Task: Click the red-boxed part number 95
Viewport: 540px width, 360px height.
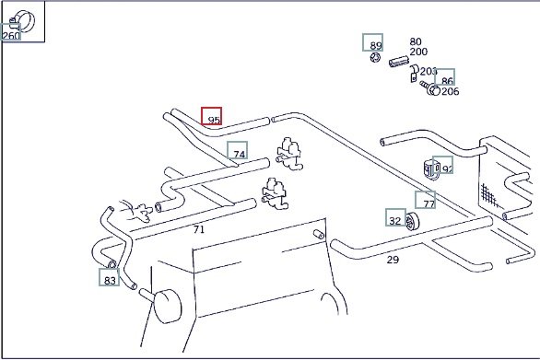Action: (211, 116)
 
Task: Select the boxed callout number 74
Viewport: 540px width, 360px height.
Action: (237, 150)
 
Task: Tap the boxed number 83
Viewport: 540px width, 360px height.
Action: (109, 277)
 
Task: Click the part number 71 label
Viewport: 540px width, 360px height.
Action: (199, 229)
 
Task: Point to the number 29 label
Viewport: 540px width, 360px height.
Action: (393, 260)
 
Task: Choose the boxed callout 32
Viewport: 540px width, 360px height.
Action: (395, 217)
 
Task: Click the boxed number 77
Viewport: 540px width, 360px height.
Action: (426, 200)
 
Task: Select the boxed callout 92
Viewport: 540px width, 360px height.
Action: (443, 165)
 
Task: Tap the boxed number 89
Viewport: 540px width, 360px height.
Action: (372, 42)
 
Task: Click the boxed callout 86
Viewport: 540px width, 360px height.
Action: (444, 77)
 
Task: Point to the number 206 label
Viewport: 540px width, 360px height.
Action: (450, 91)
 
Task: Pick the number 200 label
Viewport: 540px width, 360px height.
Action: (418, 52)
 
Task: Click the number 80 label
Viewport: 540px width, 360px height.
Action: (416, 41)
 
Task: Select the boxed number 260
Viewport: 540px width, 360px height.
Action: (11, 32)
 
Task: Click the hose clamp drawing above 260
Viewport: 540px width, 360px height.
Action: (23, 20)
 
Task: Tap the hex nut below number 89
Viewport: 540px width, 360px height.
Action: (375, 57)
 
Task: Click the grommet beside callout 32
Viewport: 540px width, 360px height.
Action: (412, 222)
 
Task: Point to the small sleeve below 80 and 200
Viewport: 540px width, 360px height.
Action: (399, 62)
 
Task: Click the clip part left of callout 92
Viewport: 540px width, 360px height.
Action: (430, 169)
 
